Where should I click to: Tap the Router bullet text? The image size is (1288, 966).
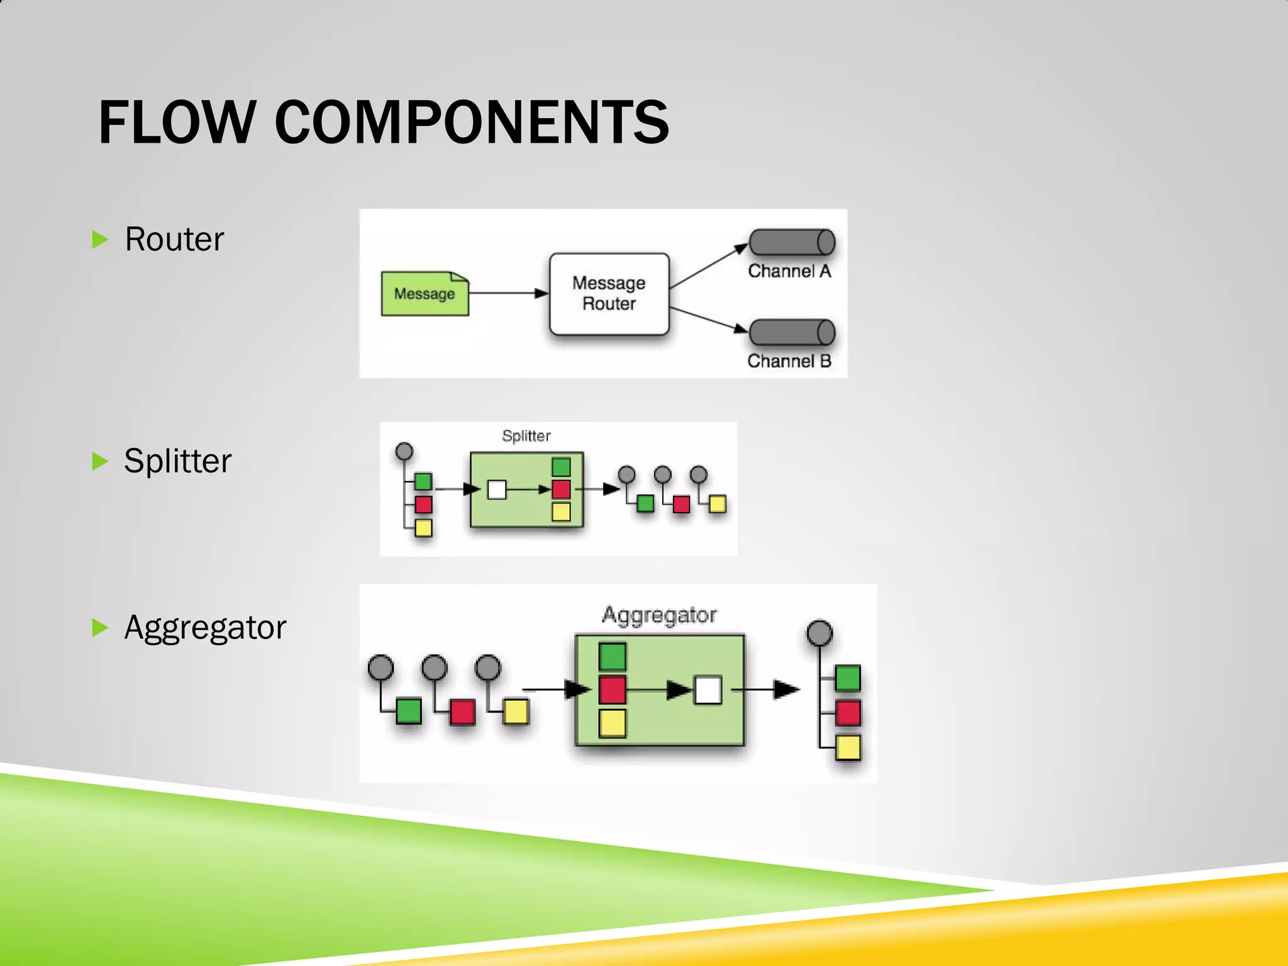tap(174, 239)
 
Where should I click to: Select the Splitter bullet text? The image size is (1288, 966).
tap(178, 461)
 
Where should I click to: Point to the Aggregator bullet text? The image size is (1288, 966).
tap(205, 628)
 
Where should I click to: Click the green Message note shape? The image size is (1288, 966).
tap(425, 294)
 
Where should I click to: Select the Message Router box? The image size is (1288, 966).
tap(609, 294)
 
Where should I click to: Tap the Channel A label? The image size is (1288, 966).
tap(789, 271)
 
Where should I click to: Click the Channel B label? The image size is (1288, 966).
tap(789, 361)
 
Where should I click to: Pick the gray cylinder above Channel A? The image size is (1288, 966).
tap(792, 242)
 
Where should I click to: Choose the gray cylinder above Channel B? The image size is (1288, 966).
tap(792, 333)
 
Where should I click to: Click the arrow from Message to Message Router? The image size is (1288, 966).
tap(508, 293)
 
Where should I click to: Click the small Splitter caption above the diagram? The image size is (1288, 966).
tap(526, 436)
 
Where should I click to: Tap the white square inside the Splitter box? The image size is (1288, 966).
tap(497, 489)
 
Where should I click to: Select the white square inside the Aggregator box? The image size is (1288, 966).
tap(708, 690)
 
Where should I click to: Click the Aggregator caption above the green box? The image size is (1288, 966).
tap(659, 614)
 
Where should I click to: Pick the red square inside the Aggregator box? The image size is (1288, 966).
tap(612, 690)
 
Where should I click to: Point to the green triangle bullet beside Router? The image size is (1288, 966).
tap(100, 240)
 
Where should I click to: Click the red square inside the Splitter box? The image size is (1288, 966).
tap(561, 489)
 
